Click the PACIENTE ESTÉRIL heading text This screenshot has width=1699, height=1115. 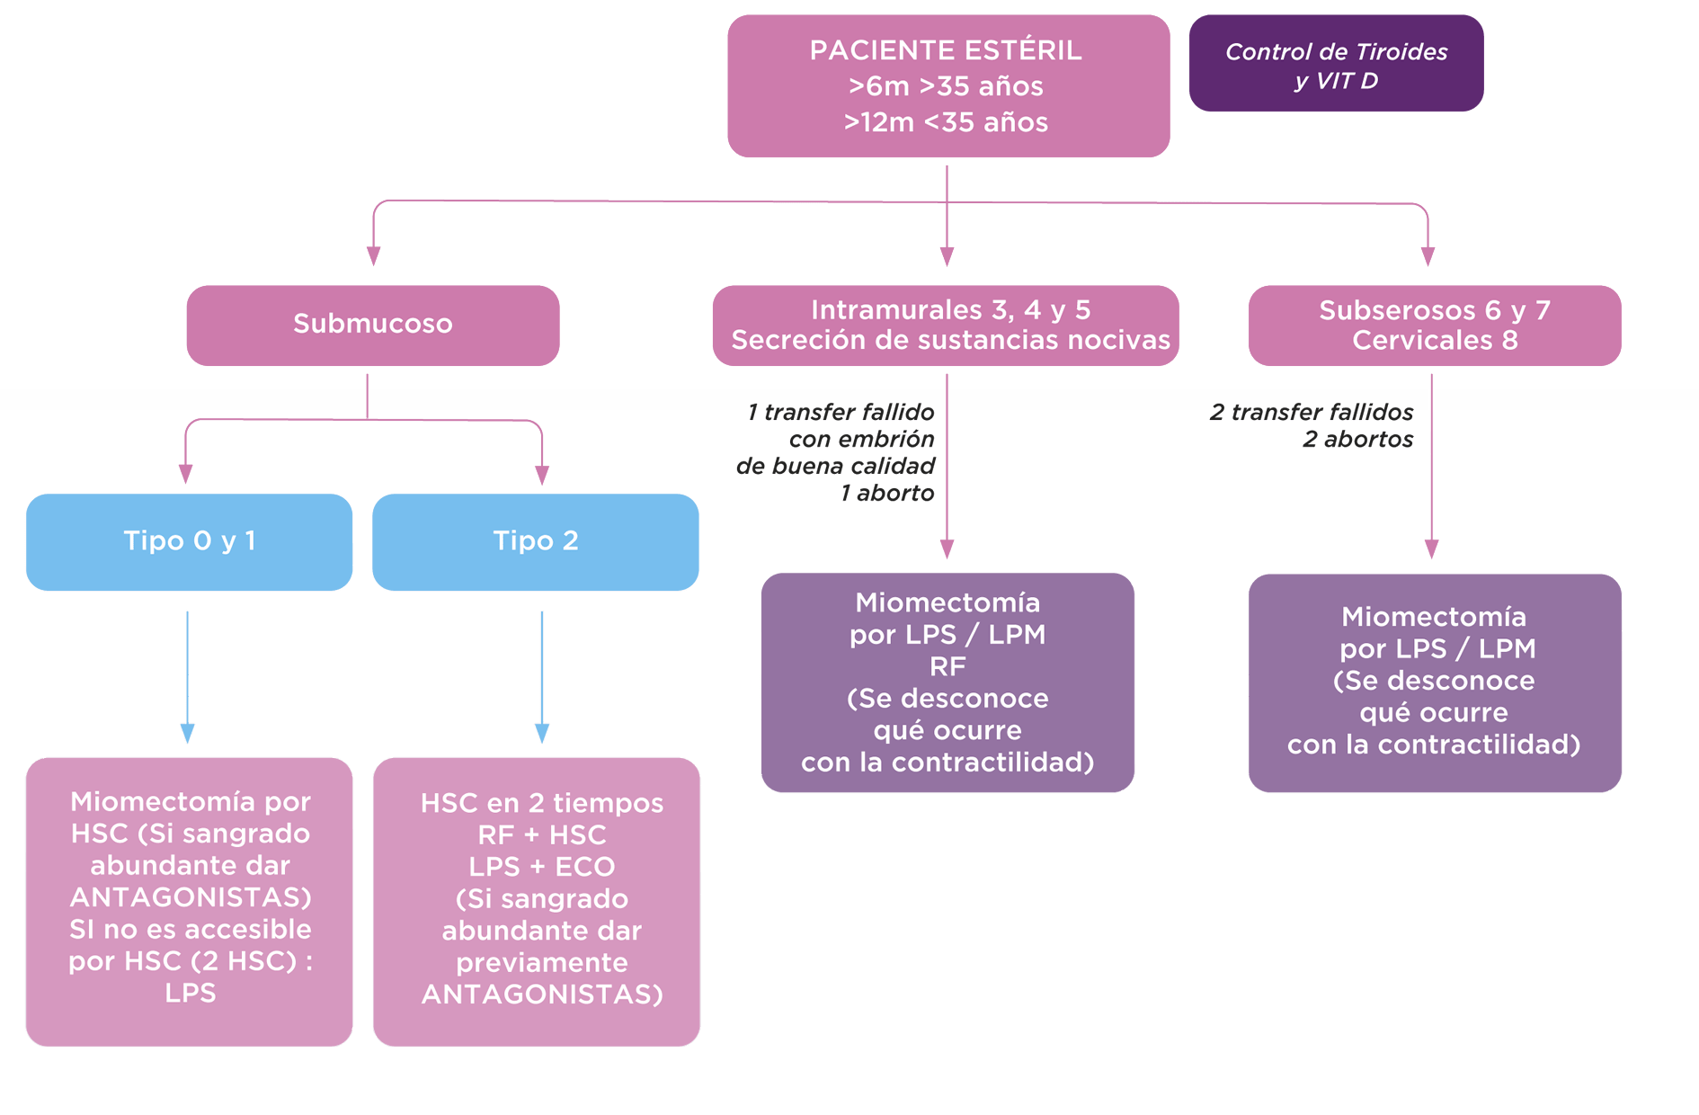(946, 50)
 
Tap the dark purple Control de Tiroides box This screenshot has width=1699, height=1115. (1335, 64)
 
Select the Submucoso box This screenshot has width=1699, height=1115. (372, 325)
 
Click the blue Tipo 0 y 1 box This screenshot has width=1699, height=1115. (189, 541)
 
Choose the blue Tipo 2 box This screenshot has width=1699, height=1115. (535, 541)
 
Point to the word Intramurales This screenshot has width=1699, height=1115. (883, 310)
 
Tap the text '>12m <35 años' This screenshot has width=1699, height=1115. (946, 122)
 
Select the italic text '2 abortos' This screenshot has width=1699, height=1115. (1357, 440)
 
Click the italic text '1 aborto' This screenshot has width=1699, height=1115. (886, 494)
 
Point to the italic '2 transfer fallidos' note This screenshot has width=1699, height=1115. (1311, 413)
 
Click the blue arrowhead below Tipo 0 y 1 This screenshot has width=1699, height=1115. (187, 733)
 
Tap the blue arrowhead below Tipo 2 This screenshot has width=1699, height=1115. (541, 733)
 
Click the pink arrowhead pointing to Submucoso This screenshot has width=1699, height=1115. (373, 255)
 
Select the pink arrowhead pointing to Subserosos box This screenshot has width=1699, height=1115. (1428, 256)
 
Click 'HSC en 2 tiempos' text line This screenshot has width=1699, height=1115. (541, 803)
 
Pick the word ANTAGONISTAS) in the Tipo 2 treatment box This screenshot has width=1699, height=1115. (541, 995)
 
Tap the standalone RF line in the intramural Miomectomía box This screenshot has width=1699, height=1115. (947, 666)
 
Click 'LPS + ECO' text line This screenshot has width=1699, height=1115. (541, 867)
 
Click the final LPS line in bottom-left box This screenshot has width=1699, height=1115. (190, 994)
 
